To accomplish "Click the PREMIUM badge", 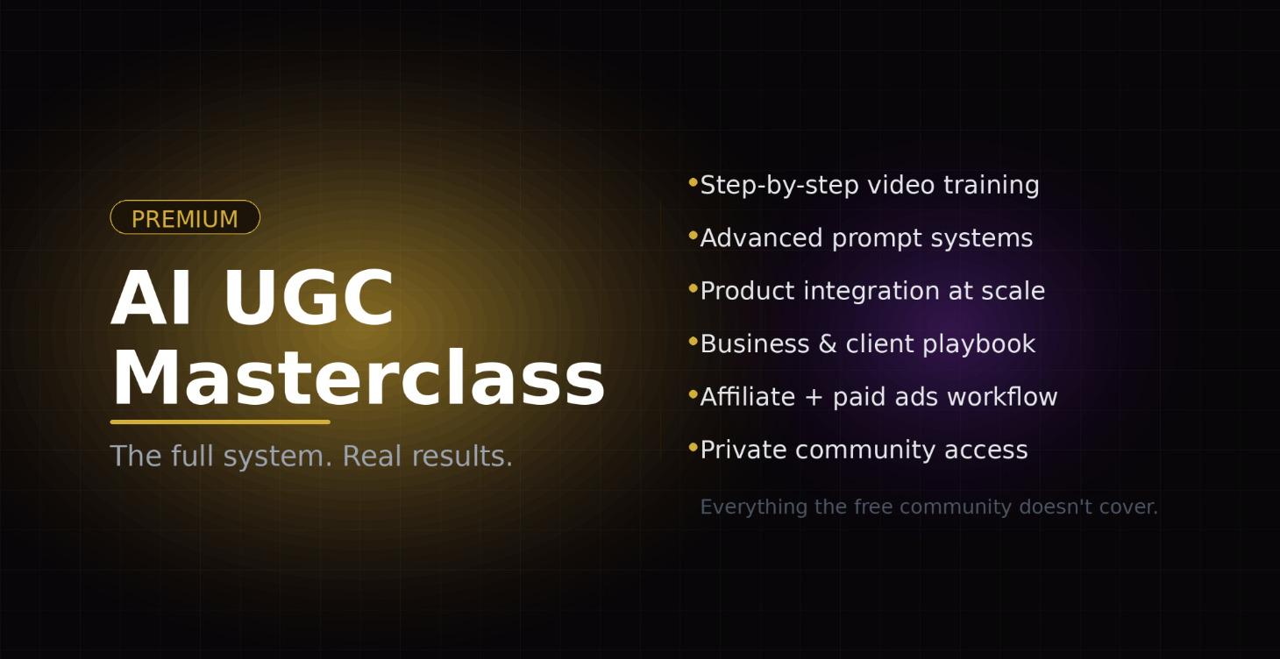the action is [x=185, y=217].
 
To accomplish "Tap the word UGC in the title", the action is [x=309, y=297].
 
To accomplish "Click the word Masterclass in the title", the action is [x=359, y=378].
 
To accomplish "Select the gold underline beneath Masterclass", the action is [x=220, y=422].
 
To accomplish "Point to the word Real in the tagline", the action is [x=372, y=456].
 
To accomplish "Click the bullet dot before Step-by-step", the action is [x=693, y=182].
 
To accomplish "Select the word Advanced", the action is [x=761, y=237].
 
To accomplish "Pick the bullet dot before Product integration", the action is [x=693, y=288].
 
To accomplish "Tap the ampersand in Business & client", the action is [x=828, y=344].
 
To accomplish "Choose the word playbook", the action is [x=979, y=344].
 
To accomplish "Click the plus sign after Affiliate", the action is [x=814, y=397].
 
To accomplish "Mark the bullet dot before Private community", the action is [x=693, y=448].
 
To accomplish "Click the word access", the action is [x=985, y=450].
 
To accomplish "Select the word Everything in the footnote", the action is [x=754, y=507].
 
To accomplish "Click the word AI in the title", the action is [x=151, y=297].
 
